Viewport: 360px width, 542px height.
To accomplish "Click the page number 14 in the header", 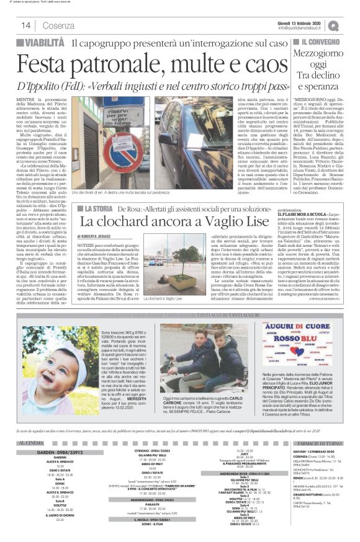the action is pyautogui.click(x=26, y=25).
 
